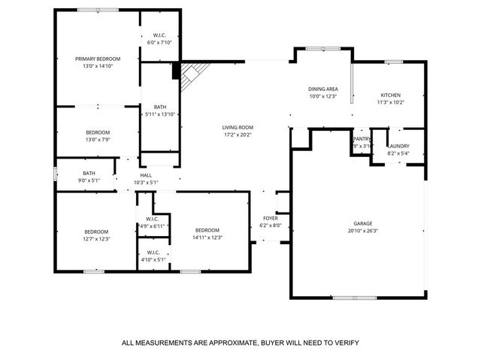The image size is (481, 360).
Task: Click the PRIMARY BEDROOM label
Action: click(97, 58)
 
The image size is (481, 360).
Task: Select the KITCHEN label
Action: click(390, 95)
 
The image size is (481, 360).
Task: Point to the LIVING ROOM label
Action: click(237, 127)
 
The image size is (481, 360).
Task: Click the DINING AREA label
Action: click(322, 89)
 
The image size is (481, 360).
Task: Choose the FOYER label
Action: click(269, 218)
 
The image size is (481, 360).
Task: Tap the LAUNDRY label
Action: click(398, 147)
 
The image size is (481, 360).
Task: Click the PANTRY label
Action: click(362, 138)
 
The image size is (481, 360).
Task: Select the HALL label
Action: click(146, 175)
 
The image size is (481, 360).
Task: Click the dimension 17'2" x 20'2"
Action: click(237, 135)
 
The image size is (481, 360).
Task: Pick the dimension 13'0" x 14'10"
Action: click(97, 65)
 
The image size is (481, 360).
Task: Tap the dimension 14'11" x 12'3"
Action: click(207, 237)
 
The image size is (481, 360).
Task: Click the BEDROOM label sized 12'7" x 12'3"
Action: click(96, 231)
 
